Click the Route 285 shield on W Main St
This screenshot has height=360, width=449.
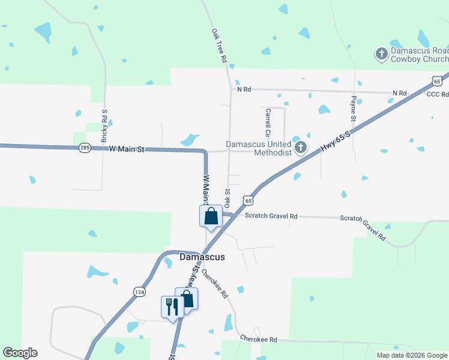[x=85, y=148]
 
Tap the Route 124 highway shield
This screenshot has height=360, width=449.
[x=139, y=292]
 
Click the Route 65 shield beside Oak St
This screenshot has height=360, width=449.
[x=247, y=199]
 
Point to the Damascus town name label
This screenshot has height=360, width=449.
[x=202, y=257]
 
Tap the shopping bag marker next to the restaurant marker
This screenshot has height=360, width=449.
[x=187, y=299]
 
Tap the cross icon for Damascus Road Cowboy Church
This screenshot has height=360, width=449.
[x=381, y=55]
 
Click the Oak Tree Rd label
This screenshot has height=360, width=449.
[x=218, y=46]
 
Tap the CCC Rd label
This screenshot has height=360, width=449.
[x=437, y=95]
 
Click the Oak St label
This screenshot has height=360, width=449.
[x=228, y=198]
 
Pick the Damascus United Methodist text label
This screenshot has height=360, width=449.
[x=259, y=148]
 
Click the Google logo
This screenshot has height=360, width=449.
[x=20, y=353]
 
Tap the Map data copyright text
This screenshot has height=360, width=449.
[x=411, y=355]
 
